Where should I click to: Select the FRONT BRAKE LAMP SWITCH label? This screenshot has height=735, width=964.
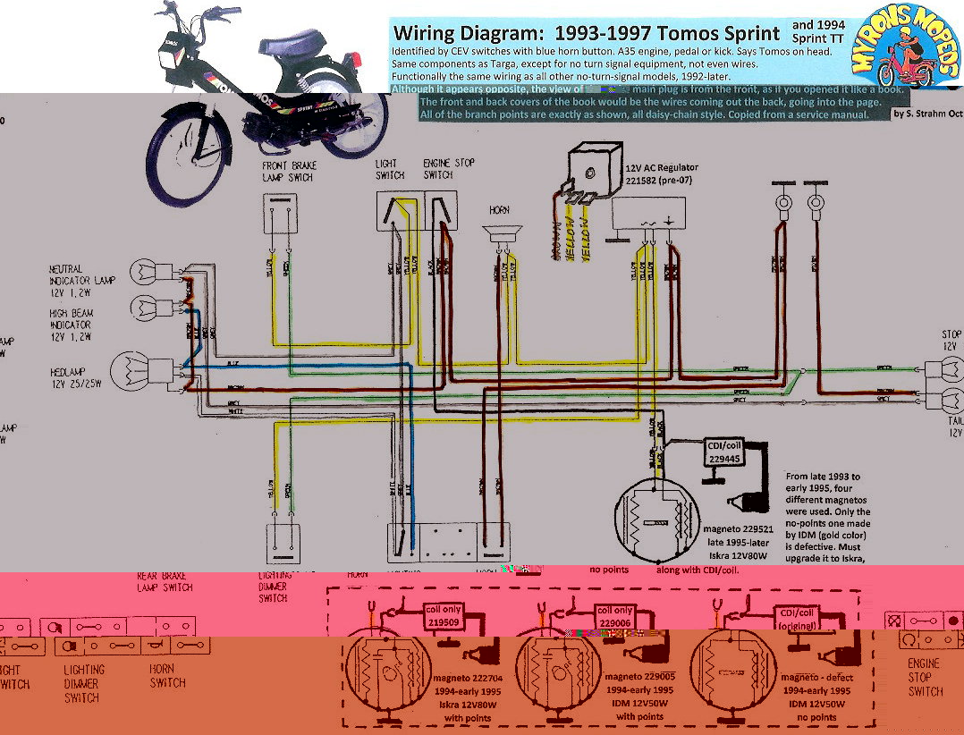point(289,172)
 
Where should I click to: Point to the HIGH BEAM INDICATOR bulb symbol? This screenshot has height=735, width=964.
point(146,308)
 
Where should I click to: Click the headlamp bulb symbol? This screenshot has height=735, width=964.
point(130,370)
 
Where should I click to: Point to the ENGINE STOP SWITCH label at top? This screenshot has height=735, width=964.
point(449,169)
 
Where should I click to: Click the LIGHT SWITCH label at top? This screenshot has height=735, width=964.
point(390,169)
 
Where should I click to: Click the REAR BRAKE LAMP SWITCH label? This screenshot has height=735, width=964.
point(165,581)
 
